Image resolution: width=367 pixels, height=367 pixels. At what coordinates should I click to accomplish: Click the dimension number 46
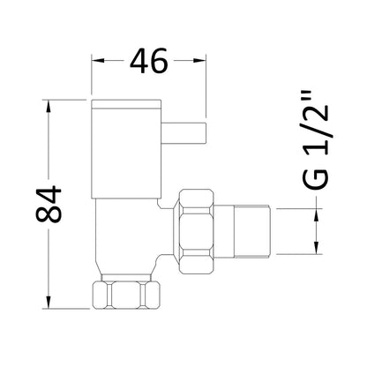click(149, 61)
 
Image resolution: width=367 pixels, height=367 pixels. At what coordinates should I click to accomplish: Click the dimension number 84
click(49, 204)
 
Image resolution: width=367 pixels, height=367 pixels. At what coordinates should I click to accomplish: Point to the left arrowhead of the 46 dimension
click(98, 61)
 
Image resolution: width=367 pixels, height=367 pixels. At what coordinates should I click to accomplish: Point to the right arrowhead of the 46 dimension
click(199, 61)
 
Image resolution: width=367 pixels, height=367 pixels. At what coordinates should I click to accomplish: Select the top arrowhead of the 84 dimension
click(49, 107)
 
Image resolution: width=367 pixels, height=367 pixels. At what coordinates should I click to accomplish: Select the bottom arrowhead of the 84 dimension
click(49, 302)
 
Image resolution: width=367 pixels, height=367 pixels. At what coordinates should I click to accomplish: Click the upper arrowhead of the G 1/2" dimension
click(317, 214)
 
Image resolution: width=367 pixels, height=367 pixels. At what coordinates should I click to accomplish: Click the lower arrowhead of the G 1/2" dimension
click(317, 248)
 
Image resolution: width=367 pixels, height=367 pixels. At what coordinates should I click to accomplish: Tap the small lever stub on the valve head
click(183, 132)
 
